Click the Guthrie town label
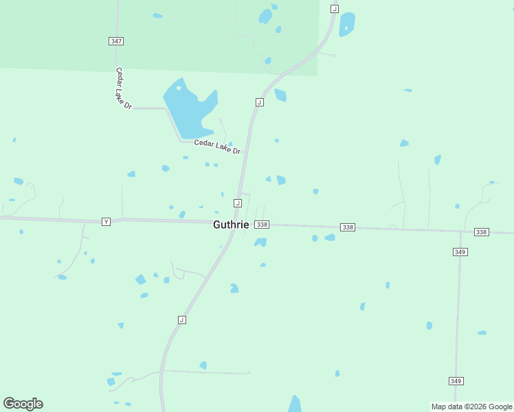[x=231, y=225]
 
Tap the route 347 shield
[x=116, y=41]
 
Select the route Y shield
[x=106, y=221]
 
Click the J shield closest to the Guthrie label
[x=237, y=203]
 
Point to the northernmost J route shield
[x=334, y=8]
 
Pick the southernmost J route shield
[x=181, y=320]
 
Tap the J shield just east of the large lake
[x=259, y=102]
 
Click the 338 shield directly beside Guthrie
[x=262, y=225]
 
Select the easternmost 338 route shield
[x=481, y=232]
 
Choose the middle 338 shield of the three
[x=348, y=227]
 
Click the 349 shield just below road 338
[x=460, y=252]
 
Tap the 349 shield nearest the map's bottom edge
[x=456, y=380]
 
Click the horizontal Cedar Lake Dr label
[x=217, y=146]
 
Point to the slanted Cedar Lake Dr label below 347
[x=123, y=88]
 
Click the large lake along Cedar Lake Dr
[x=189, y=110]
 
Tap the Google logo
[x=23, y=404]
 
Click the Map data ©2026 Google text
[x=472, y=407]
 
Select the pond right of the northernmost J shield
[x=347, y=24]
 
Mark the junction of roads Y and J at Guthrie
[x=234, y=223]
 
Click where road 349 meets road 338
[x=460, y=231]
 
